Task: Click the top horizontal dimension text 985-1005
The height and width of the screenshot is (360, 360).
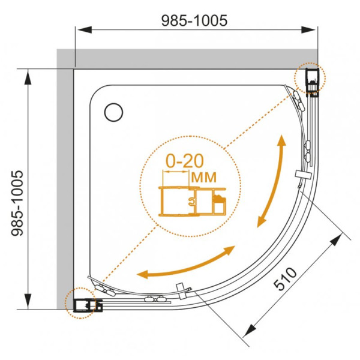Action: pyautogui.click(x=194, y=20)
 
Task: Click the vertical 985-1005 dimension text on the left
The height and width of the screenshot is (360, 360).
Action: pyautogui.click(x=17, y=203)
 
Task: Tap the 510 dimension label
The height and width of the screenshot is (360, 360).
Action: pyautogui.click(x=285, y=279)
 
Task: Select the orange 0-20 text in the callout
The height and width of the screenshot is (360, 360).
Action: pyautogui.click(x=185, y=161)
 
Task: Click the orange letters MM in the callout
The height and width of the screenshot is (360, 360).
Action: pyautogui.click(x=204, y=177)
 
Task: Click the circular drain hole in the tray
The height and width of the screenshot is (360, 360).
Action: pyautogui.click(x=113, y=112)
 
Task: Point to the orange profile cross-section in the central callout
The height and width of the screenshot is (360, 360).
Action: pyautogui.click(x=193, y=202)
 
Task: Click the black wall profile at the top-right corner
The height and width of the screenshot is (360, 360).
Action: pyautogui.click(x=313, y=82)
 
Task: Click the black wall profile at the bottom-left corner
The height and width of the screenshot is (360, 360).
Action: pyautogui.click(x=88, y=305)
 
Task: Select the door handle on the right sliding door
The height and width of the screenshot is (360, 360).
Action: pyautogui.click(x=303, y=174)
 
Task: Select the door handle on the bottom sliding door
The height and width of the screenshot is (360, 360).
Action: pyautogui.click(x=181, y=291)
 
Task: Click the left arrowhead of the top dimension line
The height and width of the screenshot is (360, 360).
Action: pyautogui.click(x=85, y=29)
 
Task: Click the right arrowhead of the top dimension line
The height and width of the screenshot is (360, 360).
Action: pyautogui.click(x=308, y=29)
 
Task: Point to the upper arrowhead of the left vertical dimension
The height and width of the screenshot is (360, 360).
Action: pyautogui.click(x=28, y=78)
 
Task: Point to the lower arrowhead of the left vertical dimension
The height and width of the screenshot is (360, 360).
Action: pyautogui.click(x=28, y=301)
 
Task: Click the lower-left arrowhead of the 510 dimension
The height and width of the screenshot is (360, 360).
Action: pyautogui.click(x=250, y=331)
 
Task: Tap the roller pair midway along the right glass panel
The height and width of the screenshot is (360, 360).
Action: pyautogui.click(x=307, y=151)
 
